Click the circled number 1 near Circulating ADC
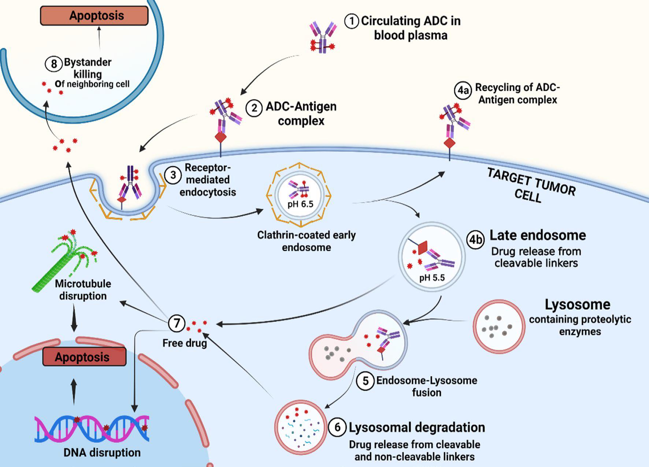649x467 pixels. coord(351,21)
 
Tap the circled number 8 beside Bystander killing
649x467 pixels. coord(53,64)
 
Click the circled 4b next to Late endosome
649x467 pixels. coord(475,240)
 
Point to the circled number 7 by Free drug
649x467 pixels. coord(177,323)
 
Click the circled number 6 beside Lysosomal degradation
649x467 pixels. coord(337,427)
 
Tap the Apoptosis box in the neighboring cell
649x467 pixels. coord(94,16)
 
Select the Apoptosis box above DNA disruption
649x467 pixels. coord(84,357)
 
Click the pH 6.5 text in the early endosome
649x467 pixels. coord(300,204)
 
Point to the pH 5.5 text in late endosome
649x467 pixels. coord(432,278)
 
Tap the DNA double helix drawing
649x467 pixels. coord(92,428)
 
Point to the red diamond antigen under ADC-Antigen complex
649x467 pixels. coord(220,138)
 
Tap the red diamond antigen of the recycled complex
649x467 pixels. coord(449,143)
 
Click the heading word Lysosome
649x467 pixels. coord(577,304)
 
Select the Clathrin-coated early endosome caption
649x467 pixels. coord(306,241)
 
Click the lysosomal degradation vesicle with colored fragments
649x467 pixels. coord(301,427)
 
